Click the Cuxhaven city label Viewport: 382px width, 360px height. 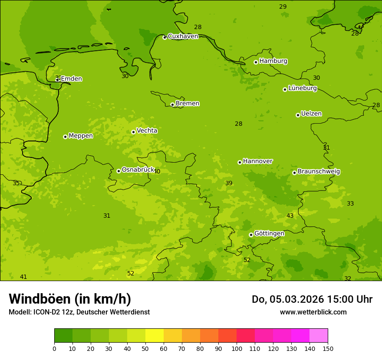[183, 36]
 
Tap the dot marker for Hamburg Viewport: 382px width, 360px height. [256, 62]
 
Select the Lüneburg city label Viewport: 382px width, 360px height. [302, 88]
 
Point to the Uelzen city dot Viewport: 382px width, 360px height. [298, 115]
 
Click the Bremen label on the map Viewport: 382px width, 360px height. [187, 104]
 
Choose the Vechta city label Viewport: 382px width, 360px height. [147, 131]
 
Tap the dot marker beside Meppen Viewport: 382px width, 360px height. [65, 137]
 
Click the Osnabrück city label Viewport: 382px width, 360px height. [138, 170]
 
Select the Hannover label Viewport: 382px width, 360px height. [257, 161]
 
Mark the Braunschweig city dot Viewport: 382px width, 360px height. [294, 173]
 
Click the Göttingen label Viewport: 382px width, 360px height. [269, 233]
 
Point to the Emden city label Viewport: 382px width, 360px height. [71, 79]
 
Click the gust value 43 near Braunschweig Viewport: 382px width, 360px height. [290, 216]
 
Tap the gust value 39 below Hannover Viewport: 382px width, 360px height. [229, 183]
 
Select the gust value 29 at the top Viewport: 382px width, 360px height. [283, 7]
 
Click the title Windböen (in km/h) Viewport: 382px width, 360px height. [70, 299]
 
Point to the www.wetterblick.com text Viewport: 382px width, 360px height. [313, 312]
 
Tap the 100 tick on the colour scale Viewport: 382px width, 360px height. [237, 348]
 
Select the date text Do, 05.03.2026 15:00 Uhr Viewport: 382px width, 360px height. [312, 299]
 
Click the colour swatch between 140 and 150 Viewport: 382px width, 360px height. [319, 335]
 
